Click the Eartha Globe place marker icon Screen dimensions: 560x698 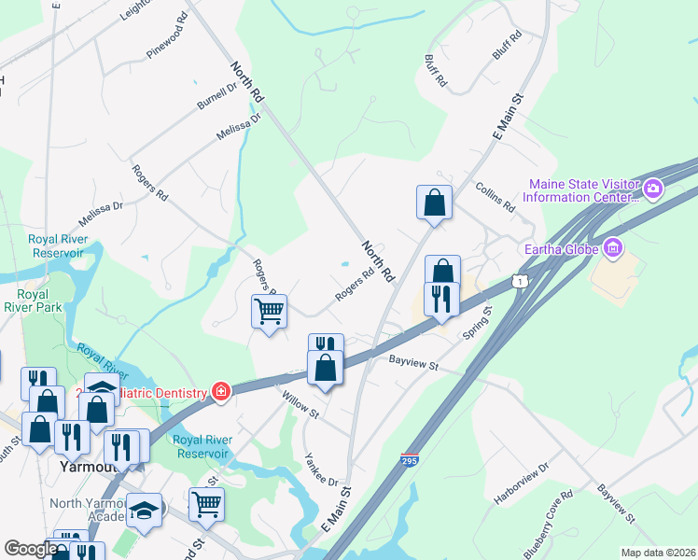click(x=613, y=248)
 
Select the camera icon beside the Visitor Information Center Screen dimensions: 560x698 click(x=653, y=189)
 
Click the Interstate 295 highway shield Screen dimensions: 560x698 click(x=409, y=460)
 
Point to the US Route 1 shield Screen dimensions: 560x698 click(x=518, y=281)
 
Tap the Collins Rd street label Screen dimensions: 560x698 click(x=495, y=196)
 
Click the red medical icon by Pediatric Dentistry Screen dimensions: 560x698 click(x=221, y=391)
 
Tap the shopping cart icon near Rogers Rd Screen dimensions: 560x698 click(x=269, y=310)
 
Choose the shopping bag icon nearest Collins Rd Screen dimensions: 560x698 click(x=434, y=202)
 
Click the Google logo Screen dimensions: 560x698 click(x=31, y=549)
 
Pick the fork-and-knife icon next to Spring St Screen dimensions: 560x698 click(x=440, y=299)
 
